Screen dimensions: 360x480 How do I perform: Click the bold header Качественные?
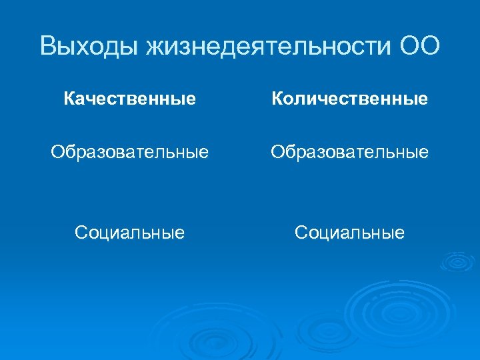pyautogui.click(x=130, y=99)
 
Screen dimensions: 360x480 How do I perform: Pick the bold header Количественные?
pyautogui.click(x=349, y=99)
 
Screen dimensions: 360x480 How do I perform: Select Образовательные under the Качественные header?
pyautogui.click(x=130, y=153)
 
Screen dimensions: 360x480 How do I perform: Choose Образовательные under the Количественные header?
pyautogui.click(x=349, y=153)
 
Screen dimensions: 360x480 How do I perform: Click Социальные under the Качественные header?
pyautogui.click(x=130, y=233)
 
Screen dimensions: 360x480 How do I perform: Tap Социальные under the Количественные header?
pyautogui.click(x=349, y=233)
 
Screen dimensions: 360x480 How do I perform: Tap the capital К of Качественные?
pyautogui.click(x=69, y=99)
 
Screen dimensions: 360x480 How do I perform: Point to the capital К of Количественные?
pyautogui.click(x=276, y=99)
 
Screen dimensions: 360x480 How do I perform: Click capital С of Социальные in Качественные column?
pyautogui.click(x=81, y=233)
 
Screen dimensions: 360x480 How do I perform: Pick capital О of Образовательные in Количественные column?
pyautogui.click(x=277, y=153)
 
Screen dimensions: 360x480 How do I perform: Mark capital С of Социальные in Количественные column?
pyautogui.click(x=301, y=233)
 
